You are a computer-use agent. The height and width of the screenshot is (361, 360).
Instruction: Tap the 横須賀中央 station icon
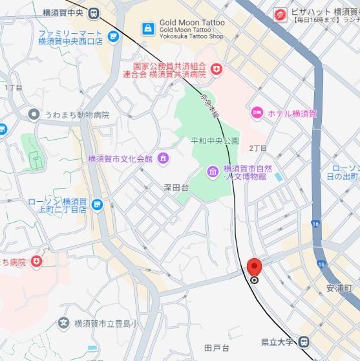pyautogui.click(x=94, y=12)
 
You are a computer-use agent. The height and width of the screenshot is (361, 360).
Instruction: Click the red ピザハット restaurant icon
pyautogui.click(x=280, y=14)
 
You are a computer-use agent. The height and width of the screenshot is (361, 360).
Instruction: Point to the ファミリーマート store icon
pyautogui.click(x=114, y=38)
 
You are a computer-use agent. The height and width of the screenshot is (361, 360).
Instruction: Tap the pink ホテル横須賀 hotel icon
pyautogui.click(x=257, y=113)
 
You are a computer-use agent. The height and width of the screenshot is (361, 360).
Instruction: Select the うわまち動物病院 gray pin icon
pyautogui.click(x=34, y=115)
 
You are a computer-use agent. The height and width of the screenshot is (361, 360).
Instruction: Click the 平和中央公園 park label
pyautogui.click(x=215, y=141)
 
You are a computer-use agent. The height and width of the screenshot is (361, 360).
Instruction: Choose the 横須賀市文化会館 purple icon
pyautogui.click(x=162, y=158)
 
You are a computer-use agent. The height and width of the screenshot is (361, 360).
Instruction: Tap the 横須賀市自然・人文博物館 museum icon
pyautogui.click(x=213, y=171)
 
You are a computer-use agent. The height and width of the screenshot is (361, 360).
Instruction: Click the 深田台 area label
pyautogui.click(x=176, y=188)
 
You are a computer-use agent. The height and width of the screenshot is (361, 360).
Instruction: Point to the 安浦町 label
pyautogui.click(x=338, y=286)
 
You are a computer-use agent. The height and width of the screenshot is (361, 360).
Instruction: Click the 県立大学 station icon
pyautogui.click(x=304, y=342)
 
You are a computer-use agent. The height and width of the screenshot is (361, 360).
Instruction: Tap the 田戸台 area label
pyautogui.click(x=217, y=349)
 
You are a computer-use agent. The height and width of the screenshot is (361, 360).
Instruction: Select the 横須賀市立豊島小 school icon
pyautogui.click(x=63, y=323)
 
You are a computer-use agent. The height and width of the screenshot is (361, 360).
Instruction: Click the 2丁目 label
pyautogui.click(x=258, y=148)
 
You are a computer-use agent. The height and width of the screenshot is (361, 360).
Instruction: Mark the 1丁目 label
pyautogui.click(x=14, y=87)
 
